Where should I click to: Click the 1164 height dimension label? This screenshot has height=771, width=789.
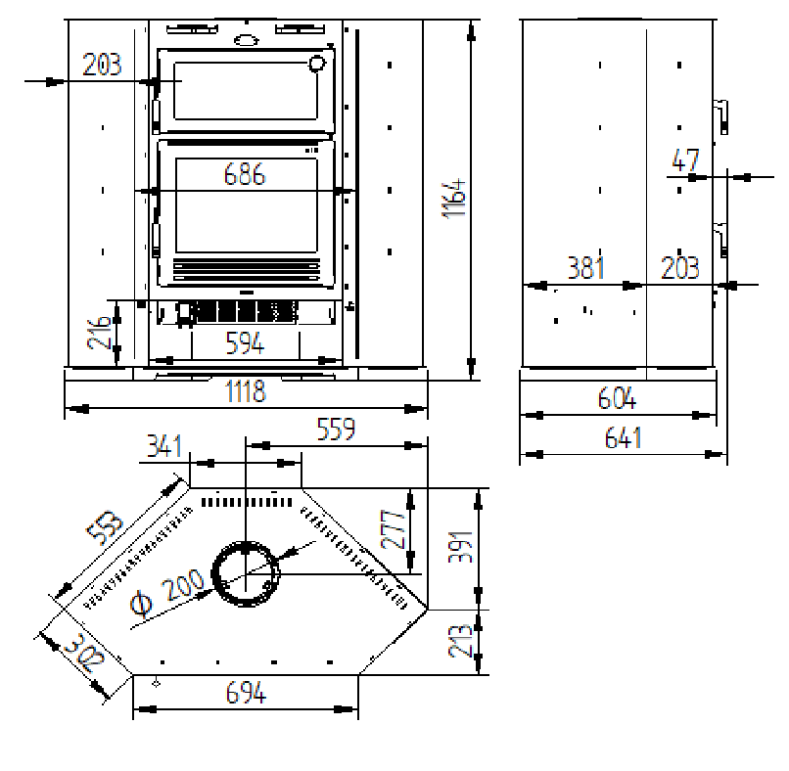[x=454, y=199]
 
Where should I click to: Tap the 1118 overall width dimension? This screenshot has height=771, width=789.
[x=245, y=391]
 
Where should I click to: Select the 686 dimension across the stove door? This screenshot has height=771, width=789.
[x=244, y=174]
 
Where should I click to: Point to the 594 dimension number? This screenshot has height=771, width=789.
[x=245, y=343]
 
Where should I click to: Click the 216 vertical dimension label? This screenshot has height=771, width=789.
[x=99, y=333]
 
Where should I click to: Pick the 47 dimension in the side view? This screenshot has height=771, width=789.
[x=685, y=160]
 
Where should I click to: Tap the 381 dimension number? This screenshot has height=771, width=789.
[x=585, y=267]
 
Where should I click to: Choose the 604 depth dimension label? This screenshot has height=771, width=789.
[x=617, y=398]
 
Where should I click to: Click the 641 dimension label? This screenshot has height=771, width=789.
[x=623, y=437]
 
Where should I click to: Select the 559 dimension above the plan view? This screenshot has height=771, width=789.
[x=336, y=429]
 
